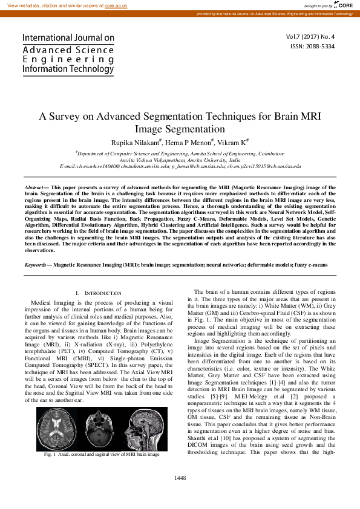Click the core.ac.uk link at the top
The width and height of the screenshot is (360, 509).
[x=116, y=5]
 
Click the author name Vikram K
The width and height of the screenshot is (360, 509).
[x=232, y=141]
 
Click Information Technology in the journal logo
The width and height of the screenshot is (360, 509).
[x=68, y=70]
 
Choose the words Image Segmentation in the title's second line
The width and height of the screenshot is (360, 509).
[x=179, y=129]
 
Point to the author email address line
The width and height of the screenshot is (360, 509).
[x=180, y=165]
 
